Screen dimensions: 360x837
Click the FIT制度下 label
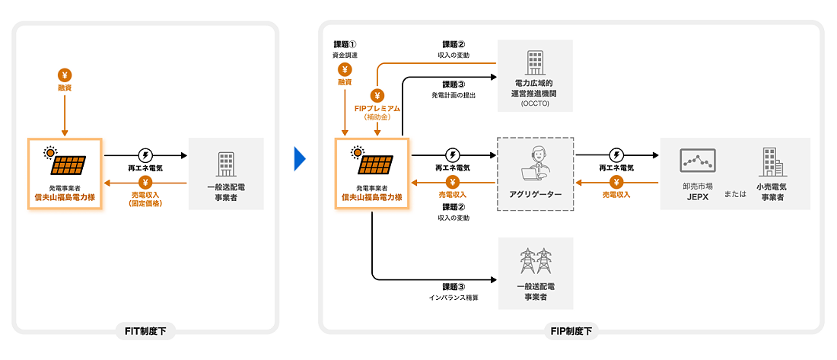coord(145,331)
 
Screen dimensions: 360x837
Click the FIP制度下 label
coord(571,331)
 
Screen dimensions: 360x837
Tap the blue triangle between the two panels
coord(300,158)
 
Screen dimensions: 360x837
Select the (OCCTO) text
coord(534,103)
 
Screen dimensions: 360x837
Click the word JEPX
coord(697,197)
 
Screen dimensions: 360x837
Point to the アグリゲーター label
coord(535,195)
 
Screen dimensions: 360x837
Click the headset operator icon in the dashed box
coord(536,162)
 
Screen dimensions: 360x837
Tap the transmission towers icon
coord(535,261)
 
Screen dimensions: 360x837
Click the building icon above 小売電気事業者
coord(769,162)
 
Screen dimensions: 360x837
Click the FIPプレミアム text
coord(377,109)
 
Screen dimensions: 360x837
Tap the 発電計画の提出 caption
coord(454,95)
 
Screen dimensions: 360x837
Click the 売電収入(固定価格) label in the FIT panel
coord(147,199)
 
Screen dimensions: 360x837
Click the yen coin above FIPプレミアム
coord(377,95)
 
